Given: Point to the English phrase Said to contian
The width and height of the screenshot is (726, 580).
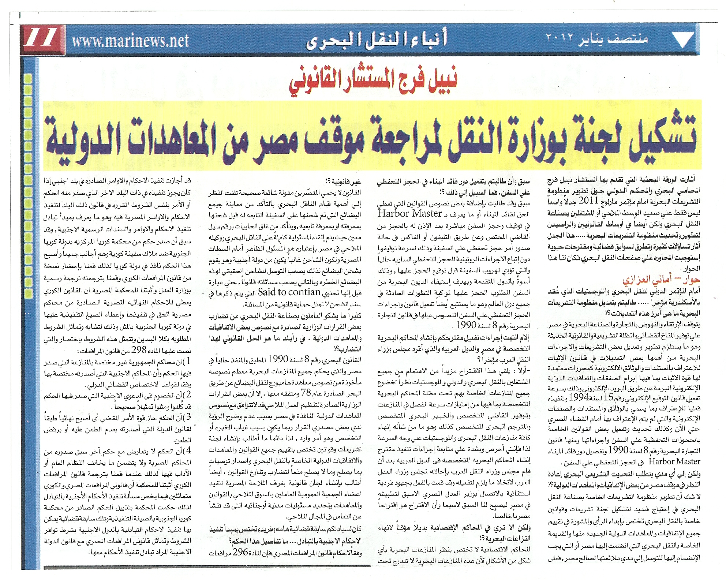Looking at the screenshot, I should [x=289, y=292].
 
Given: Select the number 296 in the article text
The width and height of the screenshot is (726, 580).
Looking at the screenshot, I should [x=240, y=552].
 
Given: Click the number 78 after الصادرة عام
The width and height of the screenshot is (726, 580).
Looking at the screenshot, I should [x=305, y=393].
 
